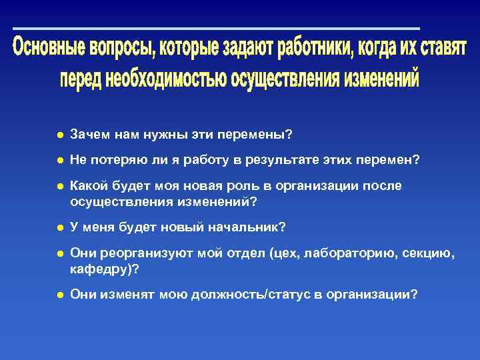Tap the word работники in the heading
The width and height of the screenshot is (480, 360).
[315, 48]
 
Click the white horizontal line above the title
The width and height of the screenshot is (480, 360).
[216, 29]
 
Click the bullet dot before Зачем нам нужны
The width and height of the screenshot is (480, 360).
[59, 135]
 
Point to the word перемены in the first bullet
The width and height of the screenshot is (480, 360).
[257, 135]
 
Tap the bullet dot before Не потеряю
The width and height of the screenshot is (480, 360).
[59, 160]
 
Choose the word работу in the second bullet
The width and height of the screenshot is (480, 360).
[191, 160]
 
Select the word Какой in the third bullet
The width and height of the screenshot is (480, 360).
[85, 186]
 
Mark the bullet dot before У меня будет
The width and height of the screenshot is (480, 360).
[59, 228]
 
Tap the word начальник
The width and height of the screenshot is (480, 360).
[248, 228]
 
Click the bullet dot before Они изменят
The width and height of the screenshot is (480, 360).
[59, 293]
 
